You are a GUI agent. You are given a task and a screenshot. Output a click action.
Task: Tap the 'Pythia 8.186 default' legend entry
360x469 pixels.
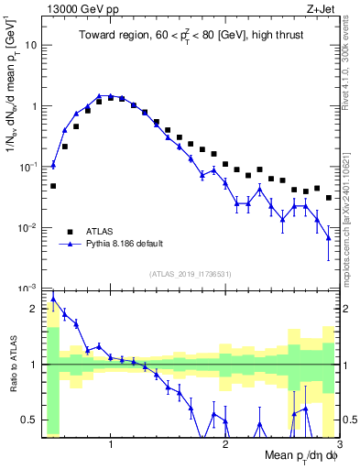[128, 245]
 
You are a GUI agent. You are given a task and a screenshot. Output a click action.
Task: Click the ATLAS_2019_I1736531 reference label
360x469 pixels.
[191, 274]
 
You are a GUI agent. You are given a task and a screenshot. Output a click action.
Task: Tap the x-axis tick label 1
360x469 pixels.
[111, 444]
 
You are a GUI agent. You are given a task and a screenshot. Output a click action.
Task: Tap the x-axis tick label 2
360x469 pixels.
[225, 444]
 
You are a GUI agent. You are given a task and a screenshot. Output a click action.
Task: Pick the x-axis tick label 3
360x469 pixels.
[339, 444]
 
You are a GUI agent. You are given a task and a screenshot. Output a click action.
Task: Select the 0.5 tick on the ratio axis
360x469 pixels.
[31, 420]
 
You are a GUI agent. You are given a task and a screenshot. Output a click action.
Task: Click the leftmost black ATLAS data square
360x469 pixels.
[53, 186]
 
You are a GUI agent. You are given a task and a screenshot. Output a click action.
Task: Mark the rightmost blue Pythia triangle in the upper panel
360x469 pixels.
[329, 238]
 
